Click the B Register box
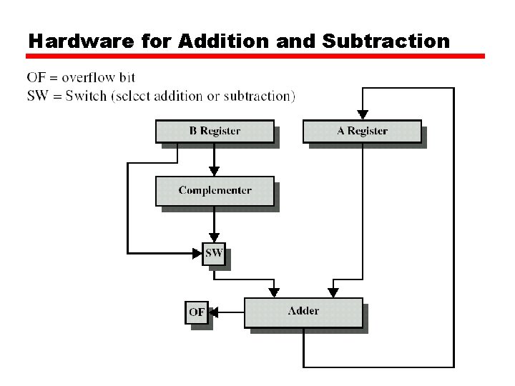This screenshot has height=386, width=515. (215, 132)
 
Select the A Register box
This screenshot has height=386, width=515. (362, 132)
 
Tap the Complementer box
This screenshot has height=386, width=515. (215, 191)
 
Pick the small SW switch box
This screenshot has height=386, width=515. (214, 253)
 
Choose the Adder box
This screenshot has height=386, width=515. (303, 312)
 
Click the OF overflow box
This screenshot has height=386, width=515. (197, 312)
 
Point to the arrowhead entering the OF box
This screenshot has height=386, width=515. (213, 312)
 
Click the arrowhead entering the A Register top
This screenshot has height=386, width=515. (363, 114)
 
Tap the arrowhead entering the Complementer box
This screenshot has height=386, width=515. (214, 172)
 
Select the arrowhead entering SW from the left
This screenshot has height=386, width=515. (197, 253)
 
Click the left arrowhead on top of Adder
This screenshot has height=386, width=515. (273, 292)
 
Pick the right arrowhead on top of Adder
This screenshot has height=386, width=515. (333, 292)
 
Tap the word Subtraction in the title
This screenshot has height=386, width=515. (386, 41)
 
